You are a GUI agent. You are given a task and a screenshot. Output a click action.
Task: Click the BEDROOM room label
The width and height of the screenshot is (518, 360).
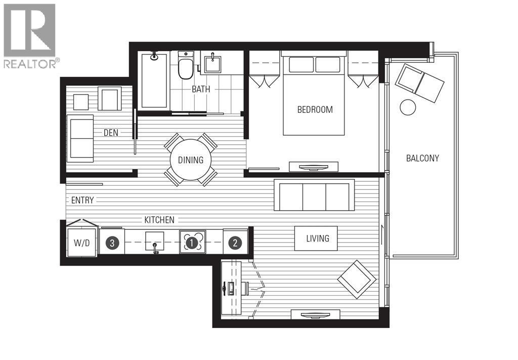pyautogui.click(x=315, y=109)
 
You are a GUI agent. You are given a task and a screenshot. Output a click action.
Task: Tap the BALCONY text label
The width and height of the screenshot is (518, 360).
pyautogui.click(x=422, y=158)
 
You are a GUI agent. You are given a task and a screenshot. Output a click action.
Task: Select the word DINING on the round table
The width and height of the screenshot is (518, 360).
pyautogui.click(x=191, y=160)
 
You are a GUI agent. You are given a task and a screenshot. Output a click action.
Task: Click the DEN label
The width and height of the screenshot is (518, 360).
pyautogui.click(x=111, y=133)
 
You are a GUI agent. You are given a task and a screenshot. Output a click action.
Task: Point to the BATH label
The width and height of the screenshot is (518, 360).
pyautogui.click(x=201, y=89)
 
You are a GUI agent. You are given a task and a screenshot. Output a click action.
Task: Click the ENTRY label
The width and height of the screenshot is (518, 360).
pyautogui.click(x=82, y=201)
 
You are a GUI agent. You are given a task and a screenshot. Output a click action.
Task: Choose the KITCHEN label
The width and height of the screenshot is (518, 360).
pyautogui.click(x=159, y=220)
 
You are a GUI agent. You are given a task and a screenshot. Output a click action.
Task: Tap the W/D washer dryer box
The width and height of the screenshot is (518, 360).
pyautogui.click(x=81, y=243)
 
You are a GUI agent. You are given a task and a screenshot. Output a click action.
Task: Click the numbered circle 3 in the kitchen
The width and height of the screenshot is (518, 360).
pyautogui.click(x=112, y=243)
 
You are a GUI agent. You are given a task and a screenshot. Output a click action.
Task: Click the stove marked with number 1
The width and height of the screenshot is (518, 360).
pyautogui.click(x=192, y=243)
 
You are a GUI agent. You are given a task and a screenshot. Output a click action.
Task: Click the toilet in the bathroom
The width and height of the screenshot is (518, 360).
pyautogui.click(x=186, y=66)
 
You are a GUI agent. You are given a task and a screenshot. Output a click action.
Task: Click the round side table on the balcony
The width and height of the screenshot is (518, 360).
pyautogui.click(x=408, y=107)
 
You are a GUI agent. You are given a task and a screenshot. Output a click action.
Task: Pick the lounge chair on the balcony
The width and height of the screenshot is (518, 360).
pyautogui.click(x=420, y=81)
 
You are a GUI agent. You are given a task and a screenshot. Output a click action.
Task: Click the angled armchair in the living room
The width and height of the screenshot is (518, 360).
pyautogui.click(x=357, y=279)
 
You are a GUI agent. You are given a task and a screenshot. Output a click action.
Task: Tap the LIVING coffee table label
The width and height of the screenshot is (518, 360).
pyautogui.click(x=317, y=238)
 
